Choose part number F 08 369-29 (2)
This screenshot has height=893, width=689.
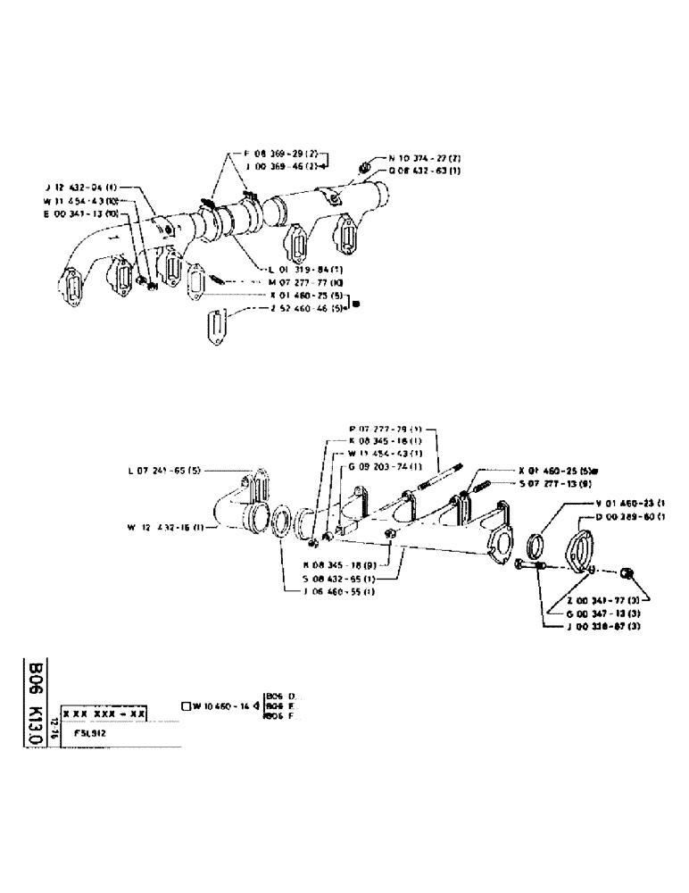click(x=281, y=154)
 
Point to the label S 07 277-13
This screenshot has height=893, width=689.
click(x=549, y=484)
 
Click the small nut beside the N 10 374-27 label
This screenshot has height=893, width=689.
click(x=364, y=166)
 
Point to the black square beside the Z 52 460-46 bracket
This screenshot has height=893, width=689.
click(x=357, y=304)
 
